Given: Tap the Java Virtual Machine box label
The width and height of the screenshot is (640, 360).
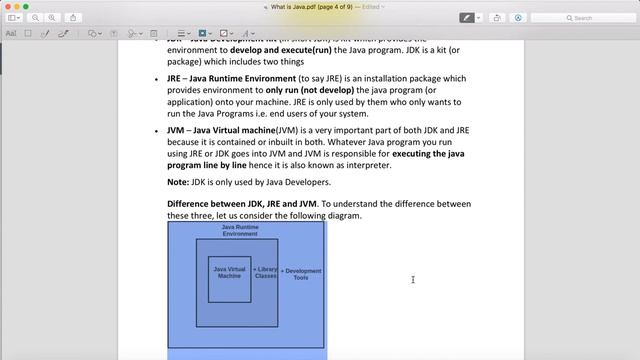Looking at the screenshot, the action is pos(229,272).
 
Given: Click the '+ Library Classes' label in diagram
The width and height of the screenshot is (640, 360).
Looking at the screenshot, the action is pos(265,272).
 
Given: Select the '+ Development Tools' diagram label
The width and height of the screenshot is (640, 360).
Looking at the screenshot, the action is pos(301,272).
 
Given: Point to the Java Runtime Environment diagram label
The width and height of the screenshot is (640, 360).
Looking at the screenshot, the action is pos(239,230).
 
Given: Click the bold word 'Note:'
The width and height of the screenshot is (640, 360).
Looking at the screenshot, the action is pos(178,182).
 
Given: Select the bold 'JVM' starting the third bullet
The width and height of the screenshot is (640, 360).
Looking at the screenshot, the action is pos(177,130).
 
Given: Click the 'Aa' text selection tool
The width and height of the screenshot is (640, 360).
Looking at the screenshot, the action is pos(11,33).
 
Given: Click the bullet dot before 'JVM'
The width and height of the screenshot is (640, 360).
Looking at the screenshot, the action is pos(156,130).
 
